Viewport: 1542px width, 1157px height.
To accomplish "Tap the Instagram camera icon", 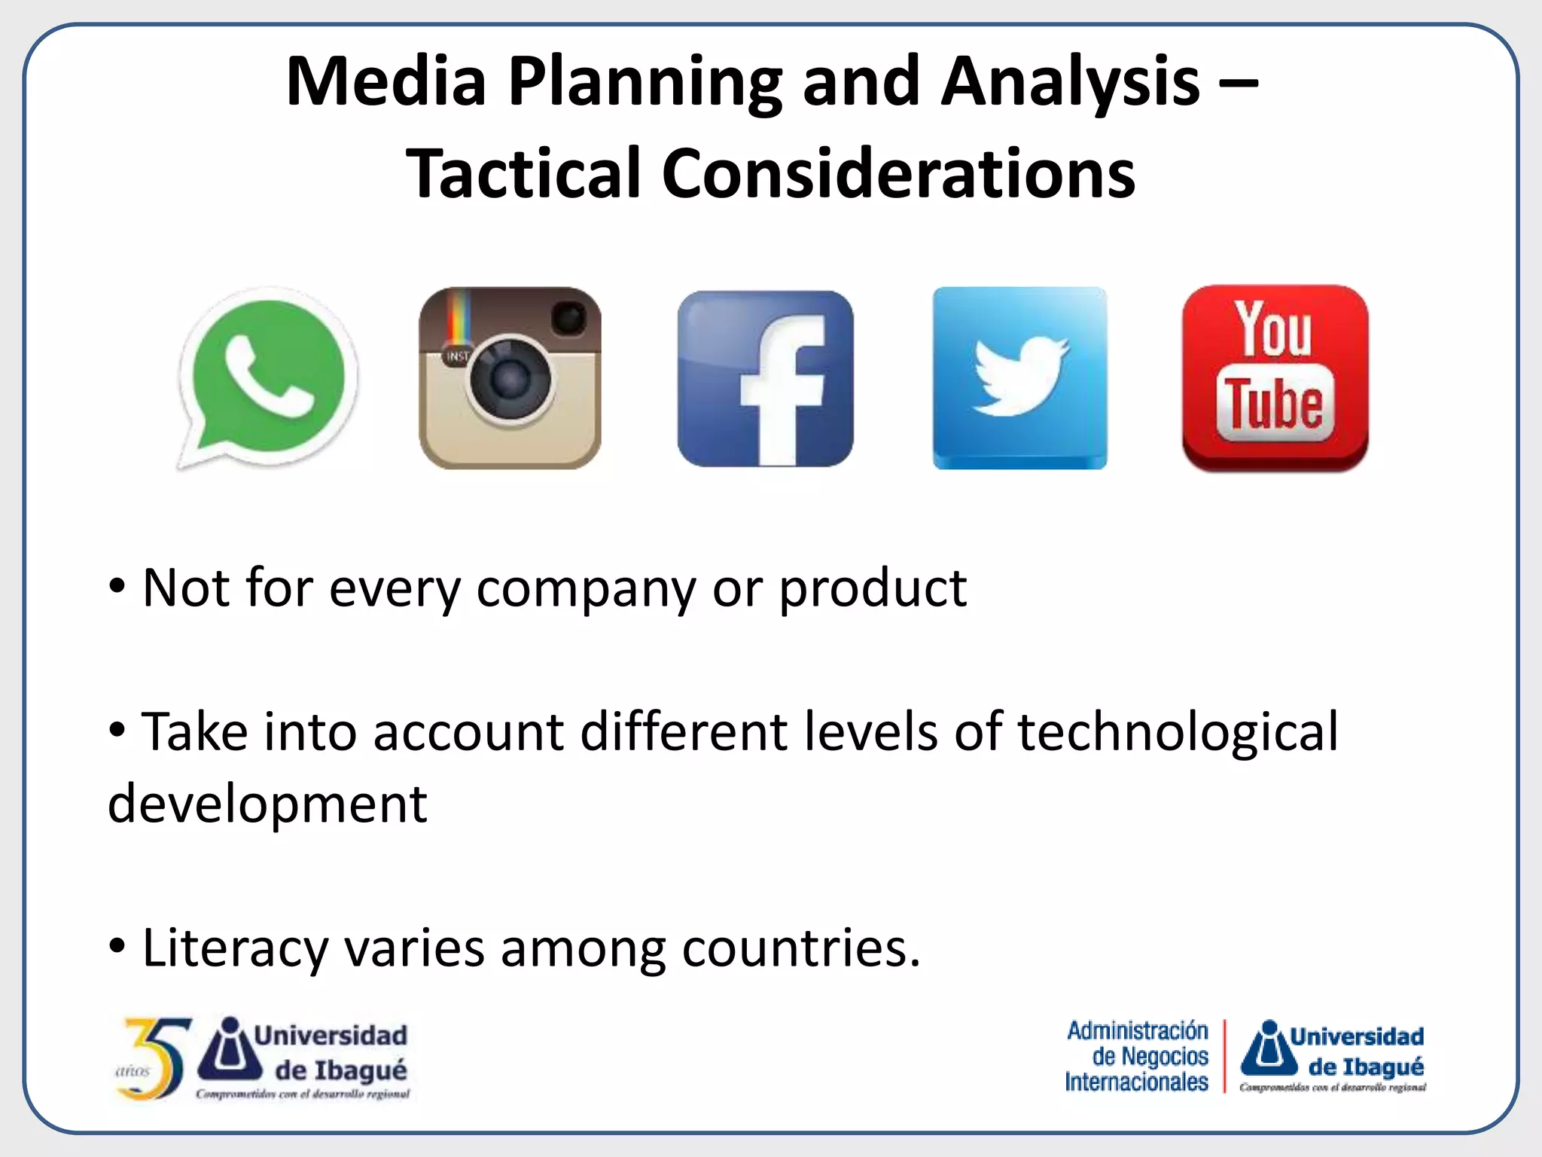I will coord(510,378).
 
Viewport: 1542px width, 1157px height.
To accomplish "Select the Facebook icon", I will coord(765,378).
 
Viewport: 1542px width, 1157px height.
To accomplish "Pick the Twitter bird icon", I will coord(1019,378).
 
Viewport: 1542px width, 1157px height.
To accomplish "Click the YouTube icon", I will coord(1275,378).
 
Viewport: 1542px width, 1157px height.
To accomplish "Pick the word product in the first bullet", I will coord(872,589).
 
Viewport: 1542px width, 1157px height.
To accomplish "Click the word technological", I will coord(1178,732).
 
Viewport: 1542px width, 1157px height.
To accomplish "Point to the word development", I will coord(267,804).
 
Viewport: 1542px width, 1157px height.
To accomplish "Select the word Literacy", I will coord(235,948).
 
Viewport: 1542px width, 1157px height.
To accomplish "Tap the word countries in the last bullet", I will coord(801,948).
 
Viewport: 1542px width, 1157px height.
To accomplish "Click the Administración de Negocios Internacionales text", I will coord(1137,1056).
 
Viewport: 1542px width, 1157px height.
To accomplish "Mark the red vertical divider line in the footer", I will coord(1225,1056).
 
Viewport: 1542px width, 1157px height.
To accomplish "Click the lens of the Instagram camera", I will coord(510,379).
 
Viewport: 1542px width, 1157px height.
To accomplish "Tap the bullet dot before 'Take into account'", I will coord(117,730).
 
